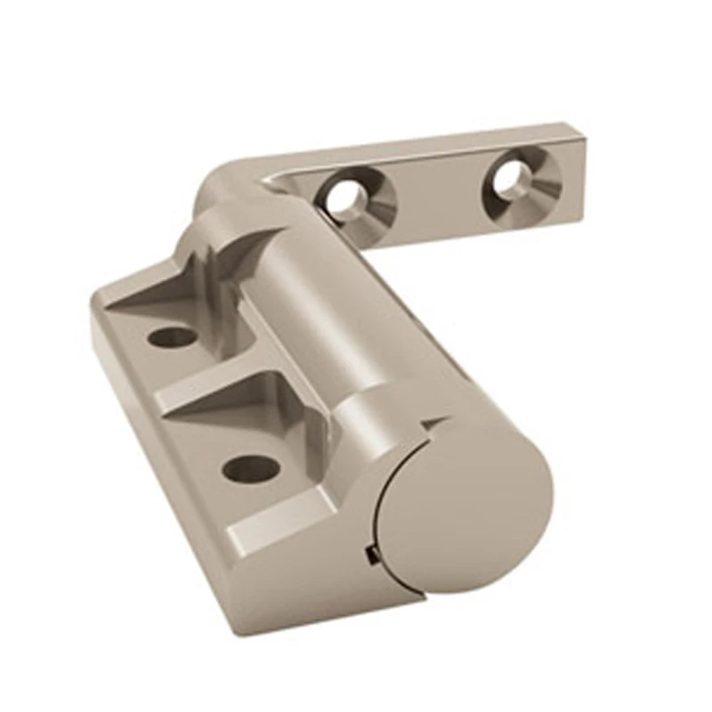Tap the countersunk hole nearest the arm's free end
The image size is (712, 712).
tap(516, 177)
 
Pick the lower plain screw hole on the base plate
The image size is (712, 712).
tap(247, 467)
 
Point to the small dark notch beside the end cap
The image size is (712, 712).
tap(369, 557)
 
